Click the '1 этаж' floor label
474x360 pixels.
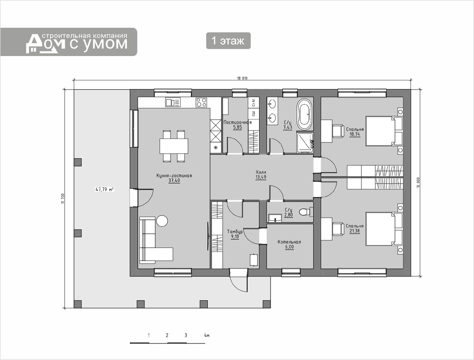point(228,41)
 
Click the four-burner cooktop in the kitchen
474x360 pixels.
point(201,102)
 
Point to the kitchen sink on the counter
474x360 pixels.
point(173,102)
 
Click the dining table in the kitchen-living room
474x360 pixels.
point(174,146)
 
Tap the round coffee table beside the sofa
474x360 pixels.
point(162,221)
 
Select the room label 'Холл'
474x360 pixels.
point(261,172)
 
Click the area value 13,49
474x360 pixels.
point(261,177)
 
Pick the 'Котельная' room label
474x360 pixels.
point(290,242)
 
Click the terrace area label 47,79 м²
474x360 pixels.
point(105,189)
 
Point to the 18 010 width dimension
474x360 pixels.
point(242,78)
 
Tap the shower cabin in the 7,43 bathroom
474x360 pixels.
point(305,142)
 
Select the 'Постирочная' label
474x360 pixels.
point(237,122)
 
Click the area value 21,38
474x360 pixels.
point(355,231)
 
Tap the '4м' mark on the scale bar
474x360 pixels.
point(207,336)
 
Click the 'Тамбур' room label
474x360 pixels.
point(235,231)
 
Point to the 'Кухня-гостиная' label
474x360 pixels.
point(174,176)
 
